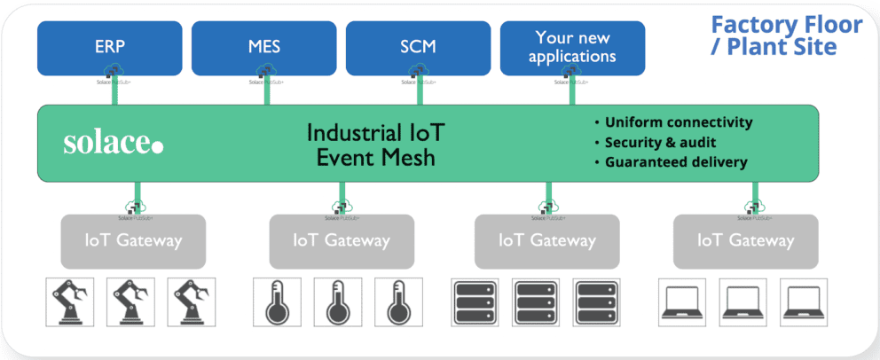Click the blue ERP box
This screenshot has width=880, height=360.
[110, 47]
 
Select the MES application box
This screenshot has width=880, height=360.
[263, 47]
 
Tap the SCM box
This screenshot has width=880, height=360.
[418, 47]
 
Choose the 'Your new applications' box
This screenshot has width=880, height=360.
[572, 47]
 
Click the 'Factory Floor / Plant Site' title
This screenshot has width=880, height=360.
[786, 35]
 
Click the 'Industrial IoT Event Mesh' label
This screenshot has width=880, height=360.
[375, 145]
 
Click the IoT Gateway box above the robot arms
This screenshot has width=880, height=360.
[133, 240]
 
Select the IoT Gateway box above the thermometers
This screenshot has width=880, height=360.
[342, 240]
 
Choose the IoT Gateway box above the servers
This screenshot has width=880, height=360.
[546, 240]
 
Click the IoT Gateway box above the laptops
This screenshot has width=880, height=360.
[745, 240]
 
